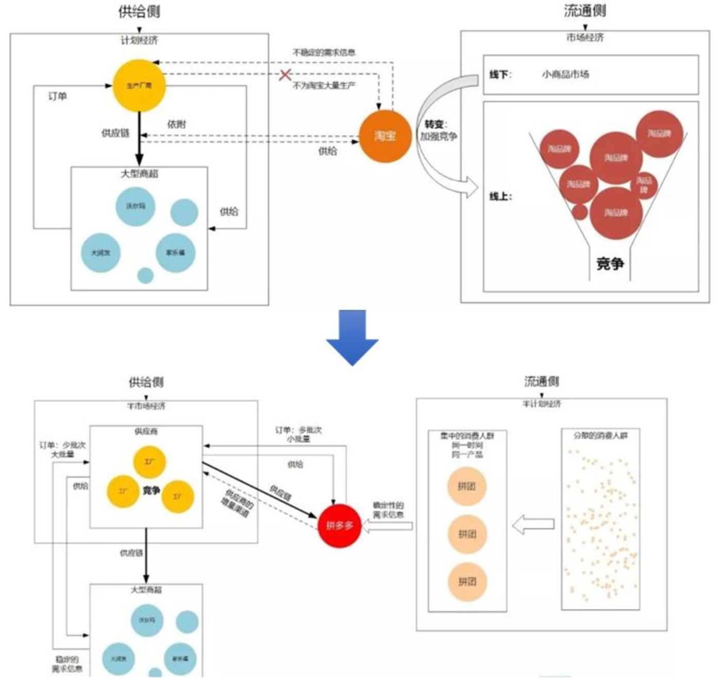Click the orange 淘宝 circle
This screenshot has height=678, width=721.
point(384,136)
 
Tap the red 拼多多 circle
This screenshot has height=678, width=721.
point(339,526)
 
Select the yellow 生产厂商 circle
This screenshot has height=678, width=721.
point(139,86)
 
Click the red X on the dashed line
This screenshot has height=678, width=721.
point(285,75)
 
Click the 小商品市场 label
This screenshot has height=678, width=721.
point(565,75)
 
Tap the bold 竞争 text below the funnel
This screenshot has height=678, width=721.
point(610,264)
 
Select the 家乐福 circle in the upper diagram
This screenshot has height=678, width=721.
point(175,253)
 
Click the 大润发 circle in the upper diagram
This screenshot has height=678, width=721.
point(100,253)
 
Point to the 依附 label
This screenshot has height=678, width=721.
point(177,124)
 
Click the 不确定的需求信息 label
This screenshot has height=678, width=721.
point(324,53)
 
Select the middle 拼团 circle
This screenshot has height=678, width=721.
point(467,534)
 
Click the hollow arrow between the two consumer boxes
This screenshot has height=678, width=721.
point(533,524)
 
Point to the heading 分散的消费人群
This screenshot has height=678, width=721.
point(600,436)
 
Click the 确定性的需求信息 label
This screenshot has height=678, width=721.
point(388,510)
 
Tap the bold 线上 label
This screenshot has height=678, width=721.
point(500,196)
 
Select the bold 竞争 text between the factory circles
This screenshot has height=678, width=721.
point(152,490)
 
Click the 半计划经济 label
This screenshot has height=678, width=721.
point(542,404)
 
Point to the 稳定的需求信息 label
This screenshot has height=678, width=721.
point(67,664)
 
